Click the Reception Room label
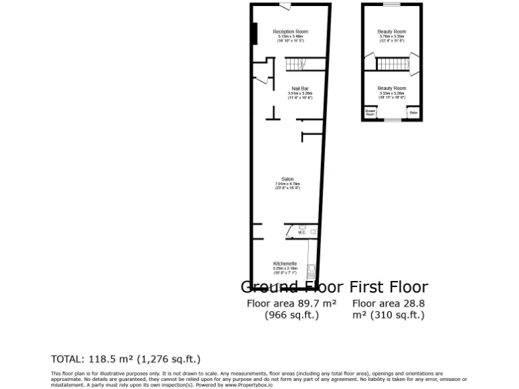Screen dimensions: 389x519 pyautogui.click(x=291, y=32)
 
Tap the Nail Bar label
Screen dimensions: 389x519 pyautogui.click(x=300, y=88)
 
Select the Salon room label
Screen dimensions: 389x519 pyautogui.click(x=287, y=179)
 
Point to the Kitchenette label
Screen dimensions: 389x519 pyautogui.click(x=285, y=263)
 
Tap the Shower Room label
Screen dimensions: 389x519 pyautogui.click(x=370, y=113)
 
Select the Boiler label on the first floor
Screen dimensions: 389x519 pyautogui.click(x=413, y=112)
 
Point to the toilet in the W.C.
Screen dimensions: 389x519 pyautogui.click(x=313, y=232)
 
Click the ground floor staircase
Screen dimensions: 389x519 pyautogui.click(x=296, y=64)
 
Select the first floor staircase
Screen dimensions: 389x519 pyautogui.click(x=392, y=64)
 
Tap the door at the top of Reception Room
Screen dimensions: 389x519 pyautogui.click(x=287, y=7)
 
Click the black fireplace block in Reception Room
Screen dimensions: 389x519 pyautogui.click(x=254, y=34)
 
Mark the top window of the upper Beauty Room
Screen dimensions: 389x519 pyautogui.click(x=392, y=5)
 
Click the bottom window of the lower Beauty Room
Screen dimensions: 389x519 pyautogui.click(x=392, y=121)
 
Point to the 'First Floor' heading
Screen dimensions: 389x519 pyautogui.click(x=389, y=287)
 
